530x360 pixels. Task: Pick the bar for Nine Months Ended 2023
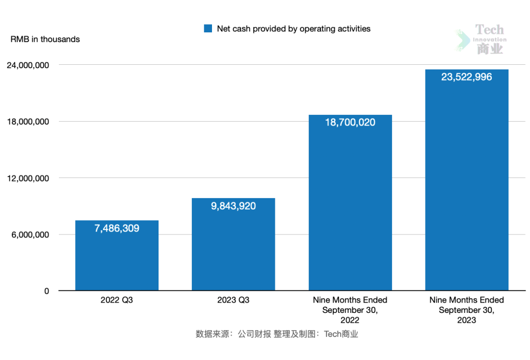coord(467,186)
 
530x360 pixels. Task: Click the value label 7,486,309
coord(117,228)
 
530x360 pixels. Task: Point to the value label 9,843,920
coord(233,206)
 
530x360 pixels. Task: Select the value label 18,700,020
coord(350,123)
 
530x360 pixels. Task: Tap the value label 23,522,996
coord(467,77)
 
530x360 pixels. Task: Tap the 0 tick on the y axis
coord(47,291)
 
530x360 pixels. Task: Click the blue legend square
coord(208,29)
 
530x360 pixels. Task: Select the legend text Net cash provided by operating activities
coord(293,29)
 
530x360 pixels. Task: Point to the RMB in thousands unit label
coord(45,39)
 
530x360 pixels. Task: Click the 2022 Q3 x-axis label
coord(117,300)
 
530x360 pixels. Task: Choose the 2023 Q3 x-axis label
coord(233,300)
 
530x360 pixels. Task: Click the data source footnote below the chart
coord(277,334)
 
